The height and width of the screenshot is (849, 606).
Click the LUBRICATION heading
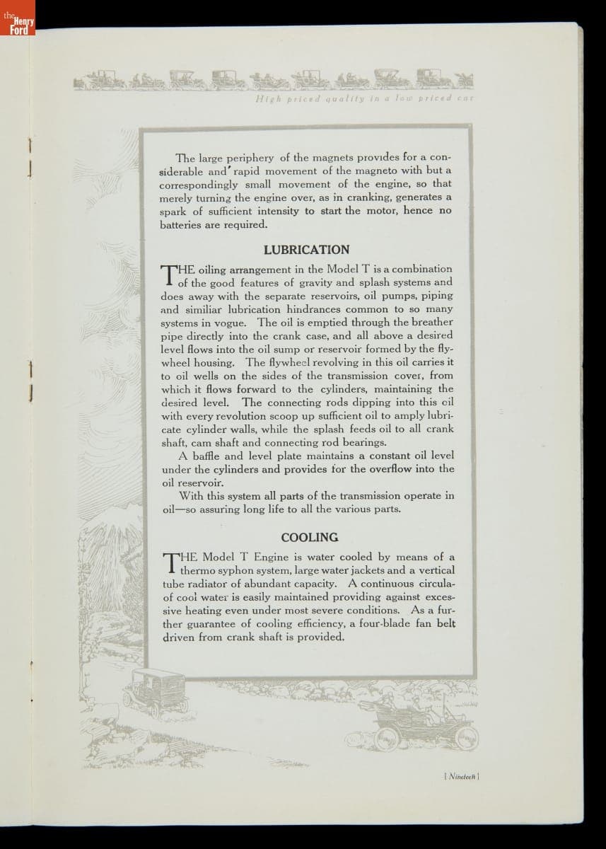point(306,250)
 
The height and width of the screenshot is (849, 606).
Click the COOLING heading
point(309,537)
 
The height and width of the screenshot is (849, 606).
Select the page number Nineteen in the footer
point(461,776)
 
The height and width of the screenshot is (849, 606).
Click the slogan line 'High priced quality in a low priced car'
point(363,99)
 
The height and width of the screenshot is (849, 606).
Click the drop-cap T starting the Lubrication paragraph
point(169,275)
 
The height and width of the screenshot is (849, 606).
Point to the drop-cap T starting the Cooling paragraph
point(170,563)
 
